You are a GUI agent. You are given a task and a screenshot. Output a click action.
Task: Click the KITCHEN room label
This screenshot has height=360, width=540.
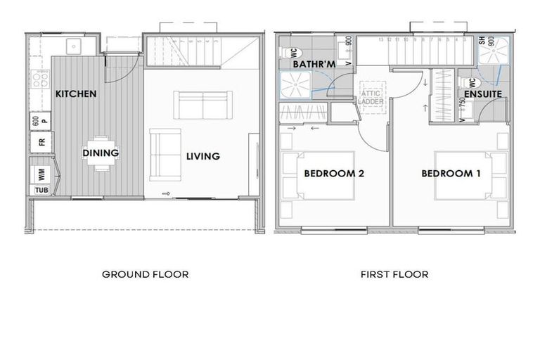75,94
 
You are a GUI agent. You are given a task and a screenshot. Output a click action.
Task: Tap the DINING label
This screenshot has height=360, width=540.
101,153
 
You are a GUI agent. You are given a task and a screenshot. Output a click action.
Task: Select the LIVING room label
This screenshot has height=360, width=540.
202,156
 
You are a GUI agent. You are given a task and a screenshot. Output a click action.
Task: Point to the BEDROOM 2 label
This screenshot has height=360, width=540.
333,173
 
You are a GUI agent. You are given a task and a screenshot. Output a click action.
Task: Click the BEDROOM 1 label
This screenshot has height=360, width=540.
451,173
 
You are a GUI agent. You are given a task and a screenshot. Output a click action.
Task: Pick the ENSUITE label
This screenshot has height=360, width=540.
482,94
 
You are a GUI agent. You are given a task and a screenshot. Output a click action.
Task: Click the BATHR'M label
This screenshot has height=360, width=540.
313,65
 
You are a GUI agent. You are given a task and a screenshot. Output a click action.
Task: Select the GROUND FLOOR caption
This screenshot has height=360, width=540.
146,274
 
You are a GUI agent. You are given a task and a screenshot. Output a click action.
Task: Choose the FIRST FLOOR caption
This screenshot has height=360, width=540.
394,274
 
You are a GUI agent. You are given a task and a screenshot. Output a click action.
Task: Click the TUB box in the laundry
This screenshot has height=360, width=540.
41,190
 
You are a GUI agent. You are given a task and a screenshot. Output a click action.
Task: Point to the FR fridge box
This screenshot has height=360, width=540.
40,142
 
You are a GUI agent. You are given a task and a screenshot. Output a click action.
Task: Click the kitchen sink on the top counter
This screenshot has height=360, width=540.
73,46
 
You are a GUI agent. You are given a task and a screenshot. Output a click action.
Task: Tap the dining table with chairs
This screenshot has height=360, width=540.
101,153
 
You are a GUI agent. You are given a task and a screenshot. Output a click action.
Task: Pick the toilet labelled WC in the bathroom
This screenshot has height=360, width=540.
290,52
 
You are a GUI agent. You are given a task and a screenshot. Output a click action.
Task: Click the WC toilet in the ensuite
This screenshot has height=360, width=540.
467,81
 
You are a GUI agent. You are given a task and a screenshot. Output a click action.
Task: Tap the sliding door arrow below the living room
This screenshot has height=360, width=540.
166,194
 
